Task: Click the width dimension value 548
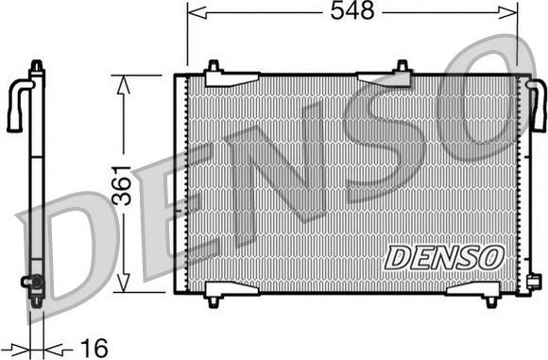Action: point(352,11)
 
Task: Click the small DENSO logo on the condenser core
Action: point(444,255)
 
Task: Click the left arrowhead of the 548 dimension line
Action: point(194,11)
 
